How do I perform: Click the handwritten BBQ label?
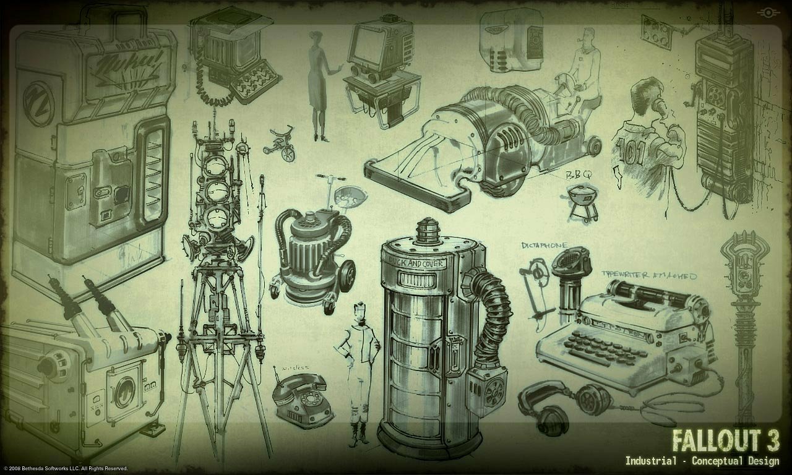point(579,176)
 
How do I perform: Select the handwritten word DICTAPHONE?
point(544,246)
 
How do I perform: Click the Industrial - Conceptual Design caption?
point(702,461)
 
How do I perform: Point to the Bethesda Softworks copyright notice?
point(65,468)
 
